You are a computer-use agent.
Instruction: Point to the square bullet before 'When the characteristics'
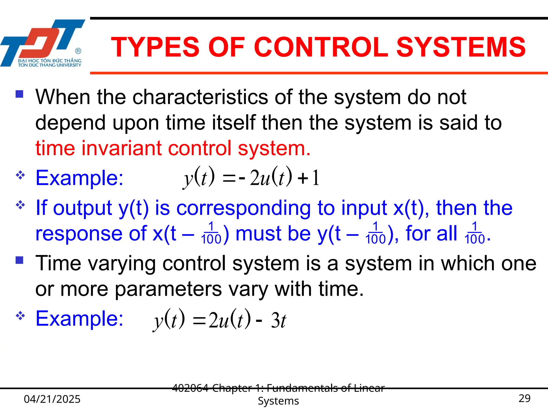[20, 94]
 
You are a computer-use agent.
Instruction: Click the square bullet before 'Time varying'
[20, 260]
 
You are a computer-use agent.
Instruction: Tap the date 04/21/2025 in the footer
[52, 399]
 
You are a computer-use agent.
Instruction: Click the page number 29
[524, 398]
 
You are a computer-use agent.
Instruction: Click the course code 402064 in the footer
[190, 388]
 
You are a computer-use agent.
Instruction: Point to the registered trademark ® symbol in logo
[78, 51]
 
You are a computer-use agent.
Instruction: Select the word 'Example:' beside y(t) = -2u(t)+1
[79, 178]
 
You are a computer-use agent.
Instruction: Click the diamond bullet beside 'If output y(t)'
[20, 205]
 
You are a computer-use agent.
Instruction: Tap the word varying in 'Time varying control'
[122, 264]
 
